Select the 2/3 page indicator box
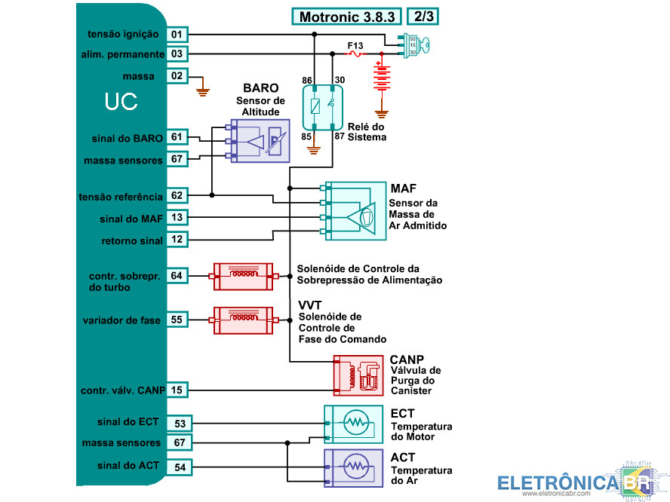423,16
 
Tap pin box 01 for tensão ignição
177,35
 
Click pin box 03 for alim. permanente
177,54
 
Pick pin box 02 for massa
177,76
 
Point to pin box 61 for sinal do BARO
177,138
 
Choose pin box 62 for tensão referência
177,196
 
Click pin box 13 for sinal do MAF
177,218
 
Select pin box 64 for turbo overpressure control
177,276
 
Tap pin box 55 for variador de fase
177,320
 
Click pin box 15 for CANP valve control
177,390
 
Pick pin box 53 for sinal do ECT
179,424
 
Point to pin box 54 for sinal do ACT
179,467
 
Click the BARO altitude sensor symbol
260,140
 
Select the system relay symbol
323,106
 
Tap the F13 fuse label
355,46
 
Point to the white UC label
121,103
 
